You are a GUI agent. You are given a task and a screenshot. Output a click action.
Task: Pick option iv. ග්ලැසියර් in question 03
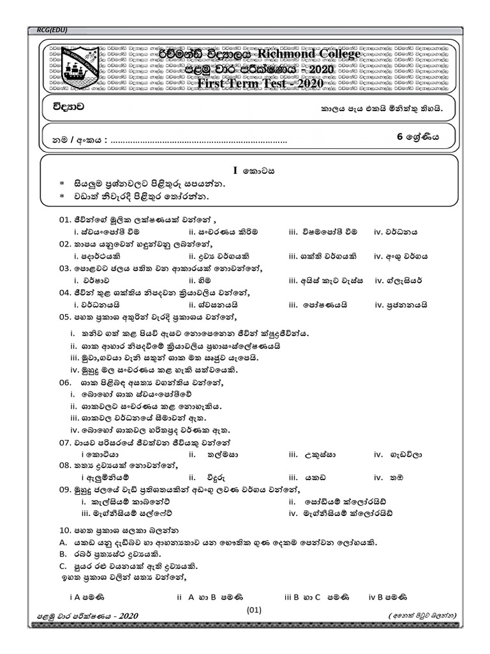tap(399, 280)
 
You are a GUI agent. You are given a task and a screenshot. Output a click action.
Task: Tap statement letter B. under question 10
tap(63, 553)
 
